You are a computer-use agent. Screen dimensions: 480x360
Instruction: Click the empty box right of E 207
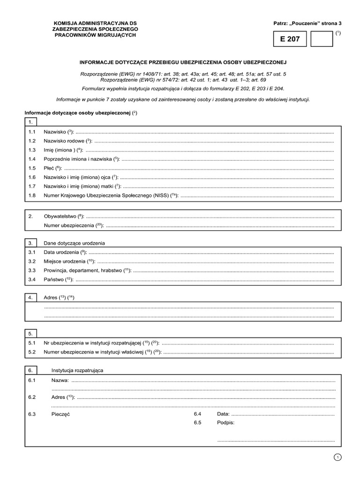point(322,40)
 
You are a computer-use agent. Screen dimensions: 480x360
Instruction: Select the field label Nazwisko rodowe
point(64,141)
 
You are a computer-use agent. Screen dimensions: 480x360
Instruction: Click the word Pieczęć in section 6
point(60,414)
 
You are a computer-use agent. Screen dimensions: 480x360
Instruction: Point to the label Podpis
point(225,423)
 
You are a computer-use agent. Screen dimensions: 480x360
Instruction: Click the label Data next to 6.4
point(223,414)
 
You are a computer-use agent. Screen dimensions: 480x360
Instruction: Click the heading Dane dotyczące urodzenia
point(74,243)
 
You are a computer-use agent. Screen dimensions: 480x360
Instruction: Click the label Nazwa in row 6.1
point(60,379)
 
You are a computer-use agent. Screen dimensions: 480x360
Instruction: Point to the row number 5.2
point(32,352)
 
